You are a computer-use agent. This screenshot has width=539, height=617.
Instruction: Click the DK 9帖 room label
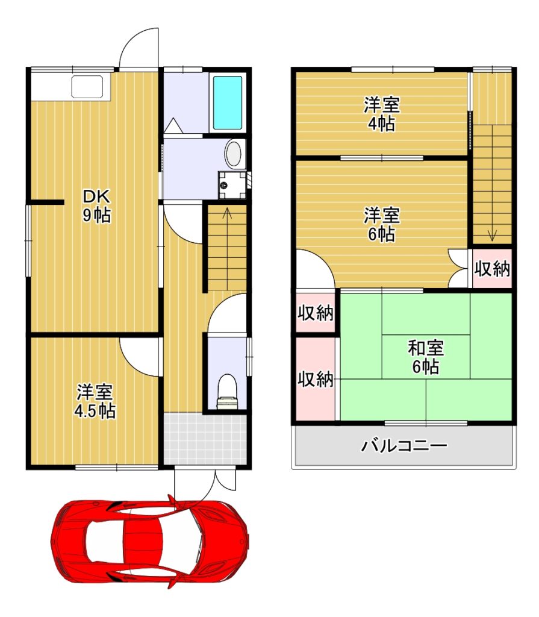click(x=96, y=206)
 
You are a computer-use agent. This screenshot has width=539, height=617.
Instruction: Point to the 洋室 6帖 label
click(x=382, y=225)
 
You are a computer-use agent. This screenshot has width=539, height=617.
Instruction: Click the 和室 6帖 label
click(x=426, y=358)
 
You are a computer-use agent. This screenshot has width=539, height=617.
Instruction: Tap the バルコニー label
click(x=405, y=446)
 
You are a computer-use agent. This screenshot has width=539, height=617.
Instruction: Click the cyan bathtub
click(x=228, y=102)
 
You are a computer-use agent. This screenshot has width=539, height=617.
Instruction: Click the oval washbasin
click(x=233, y=154)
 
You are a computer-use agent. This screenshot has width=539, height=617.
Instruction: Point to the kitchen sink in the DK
click(x=87, y=87)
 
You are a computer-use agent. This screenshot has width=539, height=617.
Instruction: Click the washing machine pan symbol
click(x=232, y=185)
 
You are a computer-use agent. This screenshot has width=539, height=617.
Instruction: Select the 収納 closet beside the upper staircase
click(x=492, y=268)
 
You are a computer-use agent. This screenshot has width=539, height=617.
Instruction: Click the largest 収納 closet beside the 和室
click(x=316, y=379)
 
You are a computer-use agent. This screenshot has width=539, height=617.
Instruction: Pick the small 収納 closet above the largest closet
click(x=315, y=313)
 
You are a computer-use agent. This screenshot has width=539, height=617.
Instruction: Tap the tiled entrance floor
click(x=205, y=439)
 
